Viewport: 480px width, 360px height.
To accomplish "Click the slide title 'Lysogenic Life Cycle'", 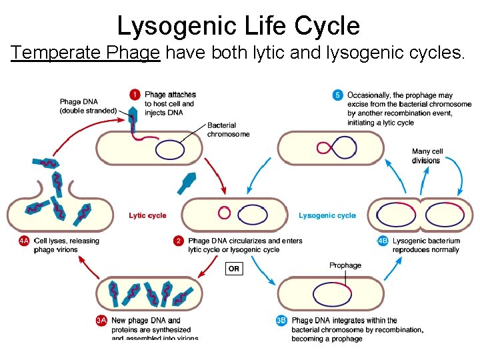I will click(x=239, y=26).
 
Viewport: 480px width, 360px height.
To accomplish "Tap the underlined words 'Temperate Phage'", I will click(x=86, y=53).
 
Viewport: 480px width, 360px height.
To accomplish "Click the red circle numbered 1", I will click(x=136, y=95).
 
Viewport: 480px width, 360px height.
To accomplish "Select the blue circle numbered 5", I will click(x=338, y=95).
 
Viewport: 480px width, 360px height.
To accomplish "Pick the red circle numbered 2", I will click(x=179, y=241).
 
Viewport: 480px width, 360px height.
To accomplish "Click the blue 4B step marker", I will click(x=383, y=241).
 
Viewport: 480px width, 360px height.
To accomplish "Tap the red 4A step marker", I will click(x=24, y=241).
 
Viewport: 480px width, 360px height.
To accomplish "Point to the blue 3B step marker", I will click(x=282, y=321).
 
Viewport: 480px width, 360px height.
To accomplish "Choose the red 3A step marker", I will click(x=101, y=321).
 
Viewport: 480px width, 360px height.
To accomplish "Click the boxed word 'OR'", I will click(x=234, y=269).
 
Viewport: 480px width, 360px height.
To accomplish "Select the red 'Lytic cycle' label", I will click(x=147, y=215).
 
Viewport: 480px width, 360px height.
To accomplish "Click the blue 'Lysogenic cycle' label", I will click(x=327, y=215).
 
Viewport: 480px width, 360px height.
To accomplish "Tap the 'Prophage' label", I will click(x=345, y=265).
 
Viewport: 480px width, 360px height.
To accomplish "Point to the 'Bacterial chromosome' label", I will click(x=228, y=130).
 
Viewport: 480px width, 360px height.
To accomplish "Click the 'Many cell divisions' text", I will click(x=427, y=156).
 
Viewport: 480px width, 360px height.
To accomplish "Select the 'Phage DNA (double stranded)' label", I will click(x=88, y=106).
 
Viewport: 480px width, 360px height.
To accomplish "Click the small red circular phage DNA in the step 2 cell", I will click(x=225, y=213).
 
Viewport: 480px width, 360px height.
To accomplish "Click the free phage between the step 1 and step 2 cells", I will click(x=189, y=180).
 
